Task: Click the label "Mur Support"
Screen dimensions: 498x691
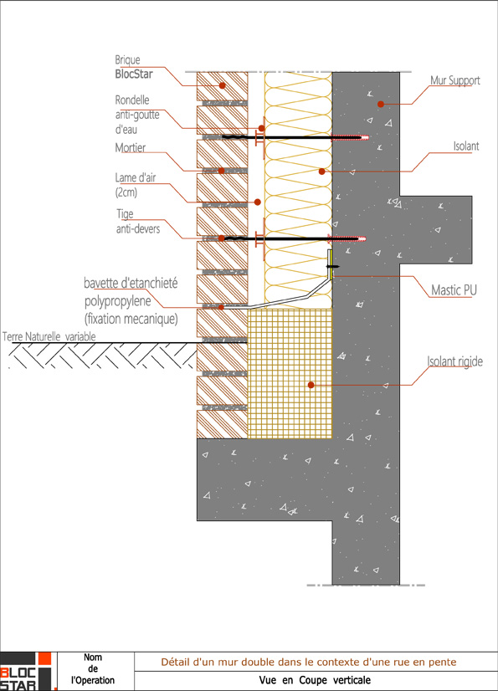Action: point(454,80)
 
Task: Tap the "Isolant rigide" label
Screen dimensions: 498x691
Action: point(454,361)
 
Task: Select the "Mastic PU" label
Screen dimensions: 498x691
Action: point(454,290)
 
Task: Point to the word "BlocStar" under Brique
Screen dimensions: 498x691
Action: point(134,74)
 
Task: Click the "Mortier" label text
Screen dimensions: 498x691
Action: point(130,147)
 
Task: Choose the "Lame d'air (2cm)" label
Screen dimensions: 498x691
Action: point(135,185)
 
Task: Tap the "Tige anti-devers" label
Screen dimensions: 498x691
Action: point(137,221)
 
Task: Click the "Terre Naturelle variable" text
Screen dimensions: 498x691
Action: point(49,336)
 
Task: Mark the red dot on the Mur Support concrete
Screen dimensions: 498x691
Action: point(380,104)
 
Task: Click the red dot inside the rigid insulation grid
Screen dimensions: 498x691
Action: point(311,385)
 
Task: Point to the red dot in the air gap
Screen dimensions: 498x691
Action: point(258,202)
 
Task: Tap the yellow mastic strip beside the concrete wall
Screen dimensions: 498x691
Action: point(330,264)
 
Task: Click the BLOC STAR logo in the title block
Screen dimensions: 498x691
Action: point(28,671)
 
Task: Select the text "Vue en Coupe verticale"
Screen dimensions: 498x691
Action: point(315,680)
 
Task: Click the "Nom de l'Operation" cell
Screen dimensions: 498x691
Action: point(93,669)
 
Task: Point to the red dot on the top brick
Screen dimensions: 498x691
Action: point(223,85)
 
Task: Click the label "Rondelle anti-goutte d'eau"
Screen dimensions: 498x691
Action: point(137,115)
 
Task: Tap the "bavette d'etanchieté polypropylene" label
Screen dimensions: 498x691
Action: point(131,292)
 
